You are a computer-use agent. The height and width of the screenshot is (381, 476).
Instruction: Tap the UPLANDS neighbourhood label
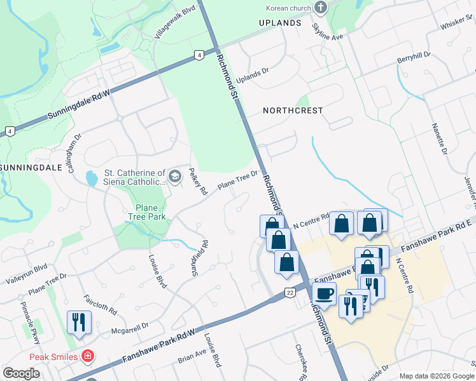pos(280,23)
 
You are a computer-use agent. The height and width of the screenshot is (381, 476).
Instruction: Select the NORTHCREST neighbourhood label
pos(293,110)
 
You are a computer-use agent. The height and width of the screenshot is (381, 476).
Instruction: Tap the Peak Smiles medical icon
pos(88,357)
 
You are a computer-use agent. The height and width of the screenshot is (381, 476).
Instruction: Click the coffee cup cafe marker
pos(324,294)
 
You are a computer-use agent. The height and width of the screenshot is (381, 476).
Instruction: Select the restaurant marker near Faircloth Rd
pos(79,321)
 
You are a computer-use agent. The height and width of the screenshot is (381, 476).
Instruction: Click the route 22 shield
pos(290,291)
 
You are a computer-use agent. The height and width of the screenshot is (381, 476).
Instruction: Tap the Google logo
pos(22,373)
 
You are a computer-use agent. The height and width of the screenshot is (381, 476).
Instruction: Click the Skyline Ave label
pos(327,32)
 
